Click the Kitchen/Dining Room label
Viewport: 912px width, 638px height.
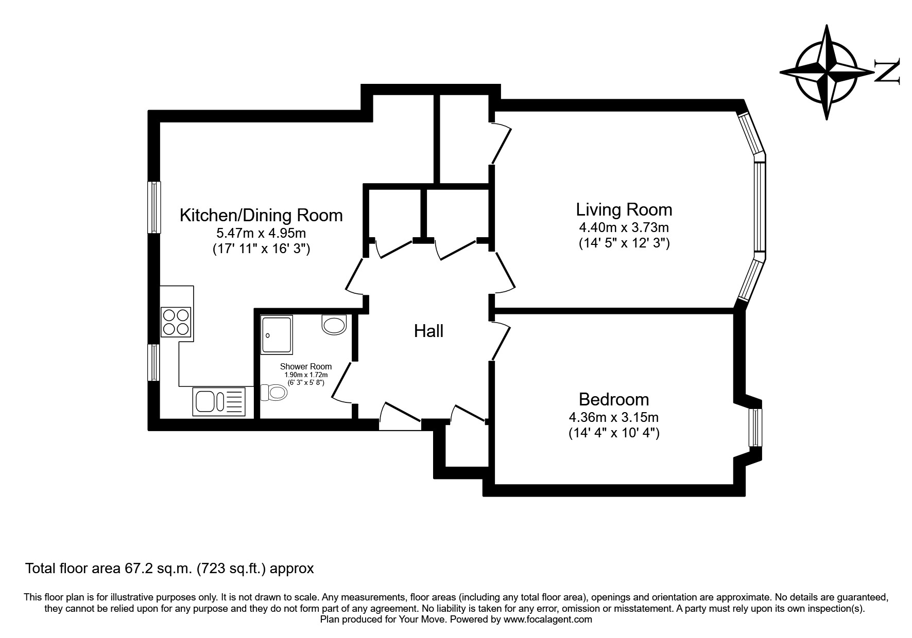(x=261, y=215)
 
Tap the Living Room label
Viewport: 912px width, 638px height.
(x=624, y=210)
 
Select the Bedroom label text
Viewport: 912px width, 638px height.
(x=613, y=399)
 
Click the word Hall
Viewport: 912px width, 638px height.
(x=428, y=331)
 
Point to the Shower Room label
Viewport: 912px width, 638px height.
(x=305, y=367)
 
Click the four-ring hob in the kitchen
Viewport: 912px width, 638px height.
(x=176, y=322)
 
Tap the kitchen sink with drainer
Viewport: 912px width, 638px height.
(x=220, y=402)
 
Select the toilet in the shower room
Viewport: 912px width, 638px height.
(x=274, y=393)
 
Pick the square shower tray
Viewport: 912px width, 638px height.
(x=277, y=335)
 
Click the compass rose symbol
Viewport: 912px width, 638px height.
(x=827, y=73)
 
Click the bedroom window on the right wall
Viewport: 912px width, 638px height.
(x=755, y=428)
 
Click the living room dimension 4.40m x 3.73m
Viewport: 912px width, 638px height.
(x=624, y=227)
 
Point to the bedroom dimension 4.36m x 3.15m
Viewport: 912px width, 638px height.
(x=613, y=417)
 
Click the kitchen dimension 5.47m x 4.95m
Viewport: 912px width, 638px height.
(x=261, y=233)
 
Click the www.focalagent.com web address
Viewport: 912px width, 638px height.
(x=547, y=619)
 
